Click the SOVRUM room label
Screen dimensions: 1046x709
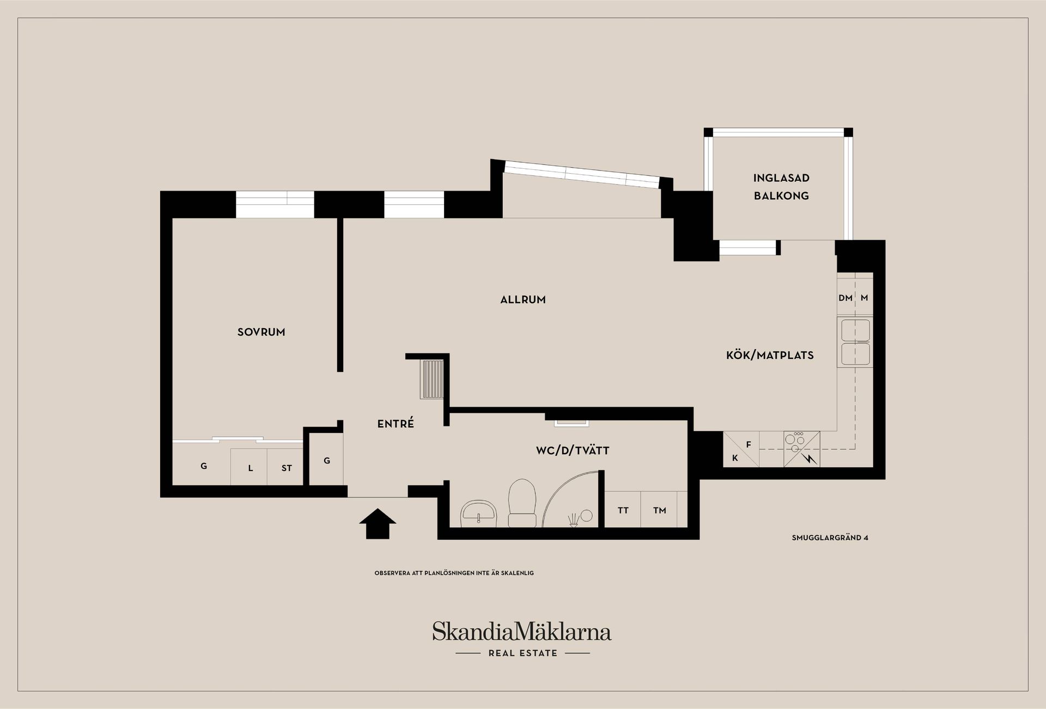261,332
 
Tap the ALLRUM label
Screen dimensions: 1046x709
523,300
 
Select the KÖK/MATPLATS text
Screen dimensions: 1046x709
770,356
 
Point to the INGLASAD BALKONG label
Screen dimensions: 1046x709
781,187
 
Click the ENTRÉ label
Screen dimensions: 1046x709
396,423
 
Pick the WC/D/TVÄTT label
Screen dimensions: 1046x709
573,451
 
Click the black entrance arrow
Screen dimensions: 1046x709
378,524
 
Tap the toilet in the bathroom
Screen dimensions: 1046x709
521,503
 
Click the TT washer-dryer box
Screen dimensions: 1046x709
623,509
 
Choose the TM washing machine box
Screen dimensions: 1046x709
659,509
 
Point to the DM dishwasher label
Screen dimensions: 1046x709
846,298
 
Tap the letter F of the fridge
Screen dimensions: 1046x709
749,445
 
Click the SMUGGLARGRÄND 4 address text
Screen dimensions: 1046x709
830,538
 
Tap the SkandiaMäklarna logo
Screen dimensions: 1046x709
522,632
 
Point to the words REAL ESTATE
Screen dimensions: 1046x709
523,653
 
